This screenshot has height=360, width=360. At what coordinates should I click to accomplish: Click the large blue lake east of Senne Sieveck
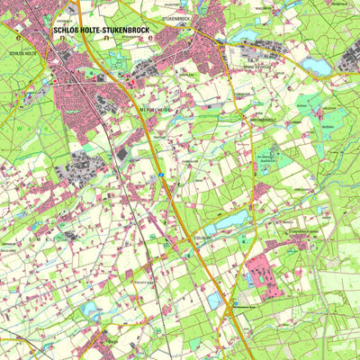click(316, 66)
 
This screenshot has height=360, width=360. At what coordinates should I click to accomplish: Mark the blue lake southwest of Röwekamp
click(90, 310)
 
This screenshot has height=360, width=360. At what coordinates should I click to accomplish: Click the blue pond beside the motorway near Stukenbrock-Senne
click(215, 302)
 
